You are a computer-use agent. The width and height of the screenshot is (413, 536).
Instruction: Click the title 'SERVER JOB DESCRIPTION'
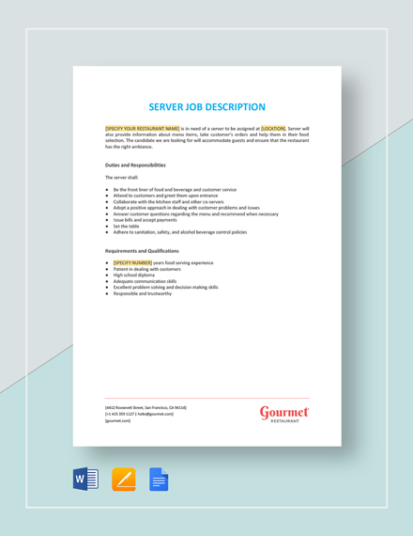(x=206, y=107)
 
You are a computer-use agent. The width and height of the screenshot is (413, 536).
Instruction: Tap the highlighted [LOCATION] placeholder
(x=273, y=128)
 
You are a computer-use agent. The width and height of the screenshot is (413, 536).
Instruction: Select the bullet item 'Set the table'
(x=127, y=226)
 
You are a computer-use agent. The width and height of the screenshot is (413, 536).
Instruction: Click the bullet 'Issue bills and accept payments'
(x=145, y=220)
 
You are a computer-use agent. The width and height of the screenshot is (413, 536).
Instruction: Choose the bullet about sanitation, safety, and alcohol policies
(x=180, y=232)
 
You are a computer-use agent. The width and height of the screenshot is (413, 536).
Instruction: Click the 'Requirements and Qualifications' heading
(x=142, y=251)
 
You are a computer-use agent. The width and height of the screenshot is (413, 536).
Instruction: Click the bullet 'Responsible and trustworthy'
(x=143, y=293)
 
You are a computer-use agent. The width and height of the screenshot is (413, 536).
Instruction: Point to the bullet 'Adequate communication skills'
(x=145, y=281)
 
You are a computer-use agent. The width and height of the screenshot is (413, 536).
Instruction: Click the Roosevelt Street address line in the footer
(x=145, y=407)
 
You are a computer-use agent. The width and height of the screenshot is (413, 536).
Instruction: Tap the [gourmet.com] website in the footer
(x=118, y=420)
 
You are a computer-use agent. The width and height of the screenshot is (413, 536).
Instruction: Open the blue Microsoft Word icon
(x=85, y=481)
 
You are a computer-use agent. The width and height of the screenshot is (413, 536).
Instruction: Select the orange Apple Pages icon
(x=123, y=481)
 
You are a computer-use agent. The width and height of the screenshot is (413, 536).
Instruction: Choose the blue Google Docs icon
(x=159, y=481)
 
